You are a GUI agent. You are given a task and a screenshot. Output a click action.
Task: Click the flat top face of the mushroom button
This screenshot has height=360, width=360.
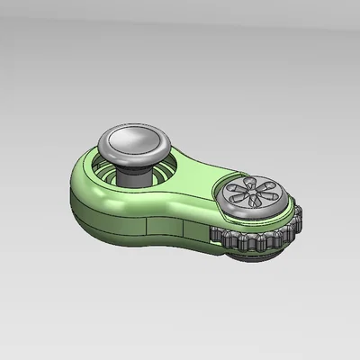137,139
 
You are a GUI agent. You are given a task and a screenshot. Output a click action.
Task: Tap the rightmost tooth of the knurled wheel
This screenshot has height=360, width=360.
300,220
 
